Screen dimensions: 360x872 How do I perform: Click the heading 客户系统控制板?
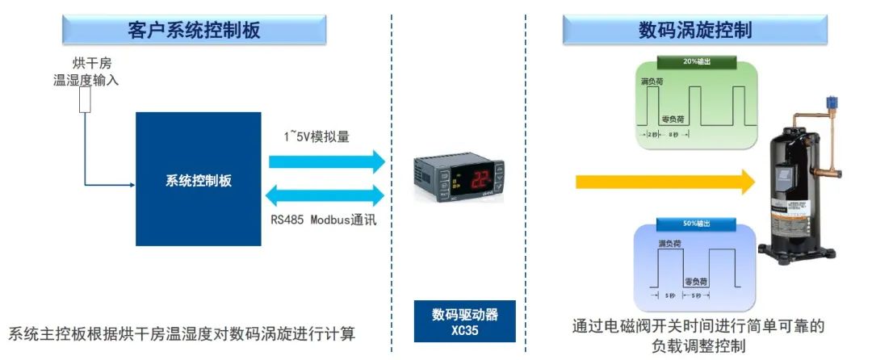[x=195, y=30]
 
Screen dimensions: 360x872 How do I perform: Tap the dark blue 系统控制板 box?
[x=198, y=179]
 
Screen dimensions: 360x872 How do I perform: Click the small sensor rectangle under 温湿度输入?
[x=84, y=100]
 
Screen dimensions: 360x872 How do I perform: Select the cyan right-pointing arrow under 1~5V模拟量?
[x=326, y=161]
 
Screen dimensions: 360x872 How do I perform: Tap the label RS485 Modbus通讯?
[x=323, y=220]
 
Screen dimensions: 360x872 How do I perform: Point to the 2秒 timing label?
[x=652, y=134]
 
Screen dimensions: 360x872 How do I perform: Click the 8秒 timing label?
[x=673, y=134]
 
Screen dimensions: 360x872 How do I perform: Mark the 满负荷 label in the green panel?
[x=651, y=82]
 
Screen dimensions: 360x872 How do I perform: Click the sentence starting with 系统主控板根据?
[x=182, y=333]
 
